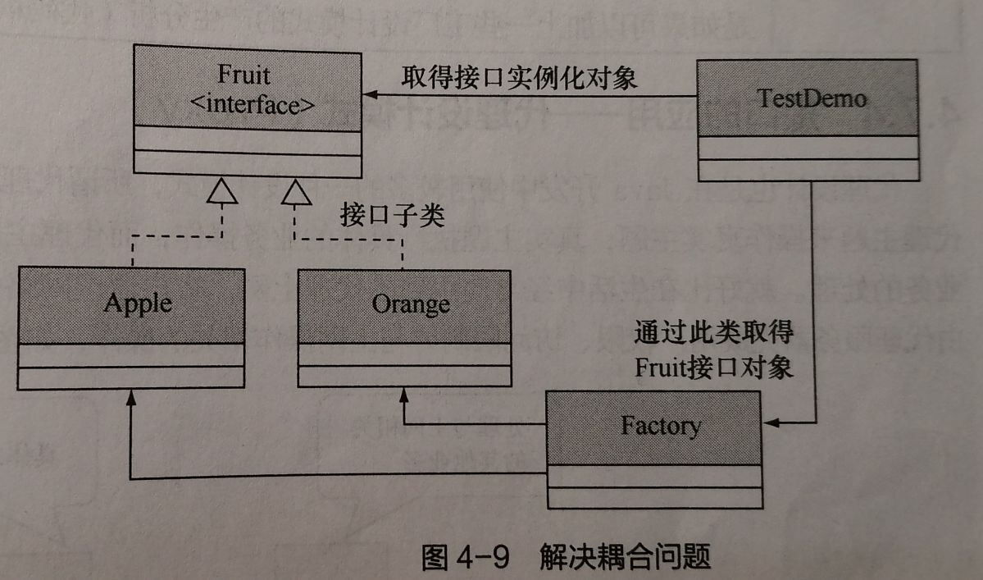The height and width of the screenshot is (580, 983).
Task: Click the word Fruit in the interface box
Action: coord(243,75)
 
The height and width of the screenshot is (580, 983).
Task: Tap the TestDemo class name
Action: coord(808,99)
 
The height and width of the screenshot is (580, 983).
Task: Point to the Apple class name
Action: coord(138,304)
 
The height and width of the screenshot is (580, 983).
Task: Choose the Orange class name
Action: coord(410,304)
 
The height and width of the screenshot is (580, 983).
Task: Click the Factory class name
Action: coord(660,426)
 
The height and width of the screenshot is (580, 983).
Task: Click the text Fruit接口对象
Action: coord(714,367)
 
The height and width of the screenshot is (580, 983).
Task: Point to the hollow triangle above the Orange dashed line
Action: coord(296,194)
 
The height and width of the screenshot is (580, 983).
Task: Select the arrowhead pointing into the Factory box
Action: coord(771,424)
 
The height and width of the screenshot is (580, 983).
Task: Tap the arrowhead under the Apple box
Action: coord(130,397)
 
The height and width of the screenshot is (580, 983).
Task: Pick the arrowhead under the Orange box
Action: coord(403,395)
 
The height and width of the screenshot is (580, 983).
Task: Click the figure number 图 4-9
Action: coord(464,556)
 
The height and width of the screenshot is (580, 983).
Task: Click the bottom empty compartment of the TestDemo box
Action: coord(808,170)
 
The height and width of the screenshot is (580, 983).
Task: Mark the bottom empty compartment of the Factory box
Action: coord(654,497)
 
